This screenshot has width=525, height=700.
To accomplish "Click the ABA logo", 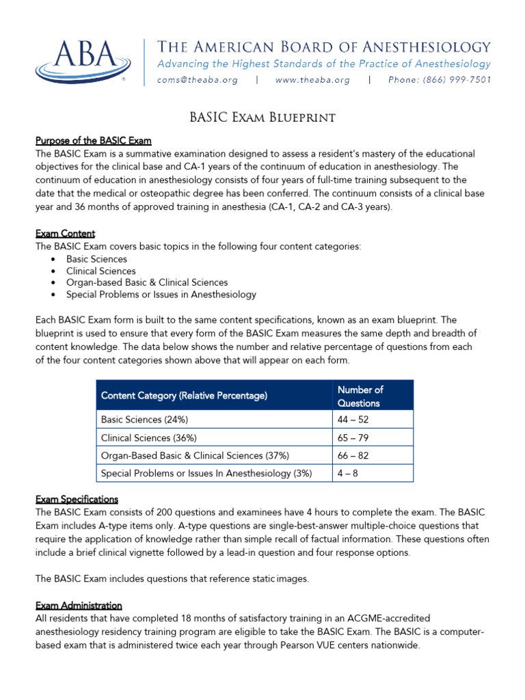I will pyautogui.click(x=82, y=61).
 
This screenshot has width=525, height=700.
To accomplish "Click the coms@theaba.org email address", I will pyautogui.click(x=198, y=80).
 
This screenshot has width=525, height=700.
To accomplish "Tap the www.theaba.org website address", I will pyautogui.click(x=312, y=80).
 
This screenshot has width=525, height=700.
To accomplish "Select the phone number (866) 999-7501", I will pyautogui.click(x=439, y=80).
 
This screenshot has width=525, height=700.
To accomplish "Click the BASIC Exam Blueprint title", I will pyautogui.click(x=262, y=118).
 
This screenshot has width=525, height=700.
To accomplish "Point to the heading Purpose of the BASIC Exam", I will pyautogui.click(x=94, y=141).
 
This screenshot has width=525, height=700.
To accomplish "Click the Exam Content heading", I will pyautogui.click(x=65, y=234).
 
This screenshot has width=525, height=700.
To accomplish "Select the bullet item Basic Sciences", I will pyautogui.click(x=96, y=259).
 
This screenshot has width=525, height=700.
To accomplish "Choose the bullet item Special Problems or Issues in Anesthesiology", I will pyautogui.click(x=161, y=295).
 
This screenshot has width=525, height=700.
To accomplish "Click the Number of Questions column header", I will pyautogui.click(x=360, y=396).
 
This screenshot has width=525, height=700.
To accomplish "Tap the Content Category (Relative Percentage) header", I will pyautogui.click(x=184, y=396).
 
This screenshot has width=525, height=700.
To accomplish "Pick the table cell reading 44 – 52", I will pyautogui.click(x=353, y=419).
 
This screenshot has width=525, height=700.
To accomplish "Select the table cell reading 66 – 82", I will pyautogui.click(x=353, y=455).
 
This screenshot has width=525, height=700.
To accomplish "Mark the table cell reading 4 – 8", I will pyautogui.click(x=347, y=473).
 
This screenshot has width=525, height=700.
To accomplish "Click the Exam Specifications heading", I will pyautogui.click(x=77, y=499).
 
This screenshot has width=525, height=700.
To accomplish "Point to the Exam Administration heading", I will pyautogui.click(x=79, y=606).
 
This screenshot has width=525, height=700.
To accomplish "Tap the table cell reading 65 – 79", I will pyautogui.click(x=353, y=437).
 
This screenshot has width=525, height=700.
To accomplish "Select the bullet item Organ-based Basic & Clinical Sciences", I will pyautogui.click(x=147, y=282).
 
